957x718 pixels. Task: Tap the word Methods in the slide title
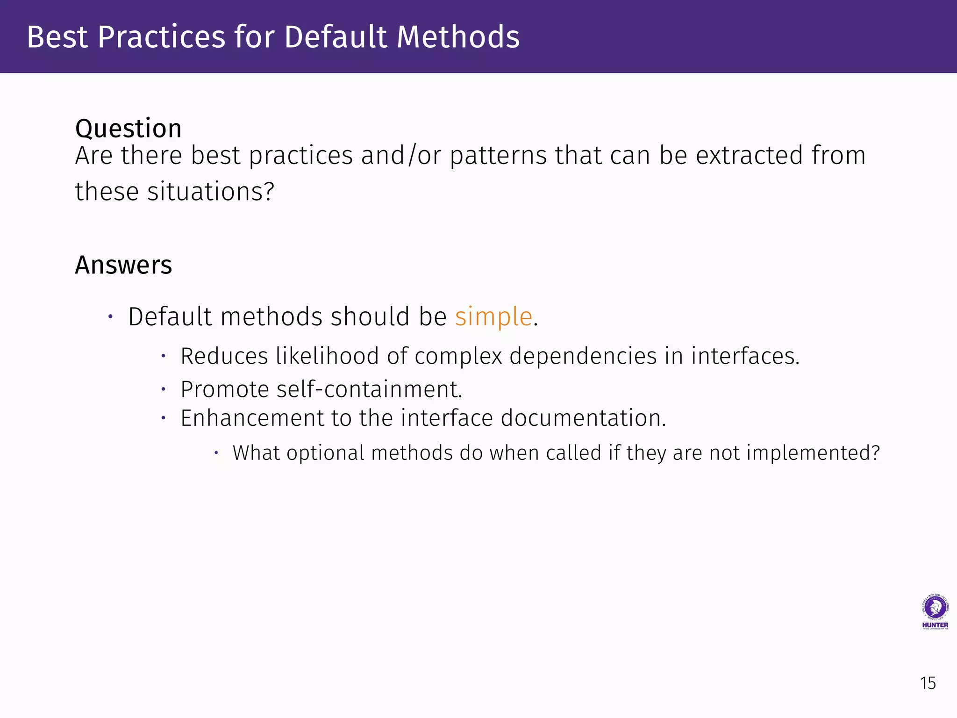[x=458, y=37]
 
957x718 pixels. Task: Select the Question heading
[x=129, y=129]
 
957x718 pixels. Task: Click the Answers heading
[x=123, y=265]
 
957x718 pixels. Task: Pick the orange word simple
[x=493, y=317]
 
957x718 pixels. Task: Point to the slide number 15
[x=928, y=683]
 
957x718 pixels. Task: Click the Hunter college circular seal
[x=935, y=607]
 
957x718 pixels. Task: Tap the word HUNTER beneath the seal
[x=935, y=625]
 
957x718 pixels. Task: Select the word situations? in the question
[x=211, y=192]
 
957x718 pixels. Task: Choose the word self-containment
[x=369, y=389]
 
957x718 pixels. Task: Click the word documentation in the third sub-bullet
[x=583, y=418]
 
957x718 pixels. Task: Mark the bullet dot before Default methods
[x=110, y=317]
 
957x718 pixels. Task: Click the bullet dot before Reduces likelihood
[x=164, y=356]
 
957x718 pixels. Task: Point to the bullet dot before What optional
[x=216, y=452]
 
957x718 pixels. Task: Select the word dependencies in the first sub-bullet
[x=583, y=356]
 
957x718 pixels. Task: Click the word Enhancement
[x=252, y=418]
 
